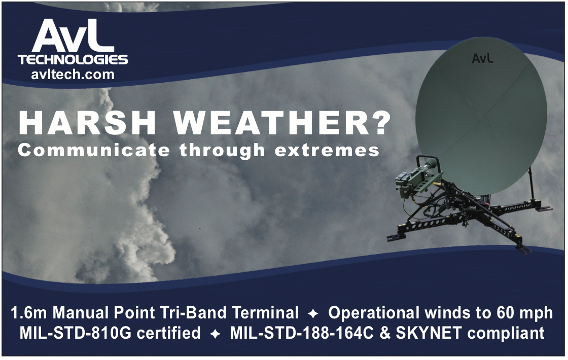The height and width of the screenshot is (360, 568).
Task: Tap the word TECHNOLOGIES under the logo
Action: tap(73, 59)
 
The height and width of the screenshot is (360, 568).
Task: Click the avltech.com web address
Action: tap(73, 74)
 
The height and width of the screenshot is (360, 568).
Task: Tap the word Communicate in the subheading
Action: tap(93, 150)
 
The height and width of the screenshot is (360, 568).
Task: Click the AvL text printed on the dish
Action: tap(482, 58)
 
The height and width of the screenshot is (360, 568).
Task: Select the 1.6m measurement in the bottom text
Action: tap(29, 313)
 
